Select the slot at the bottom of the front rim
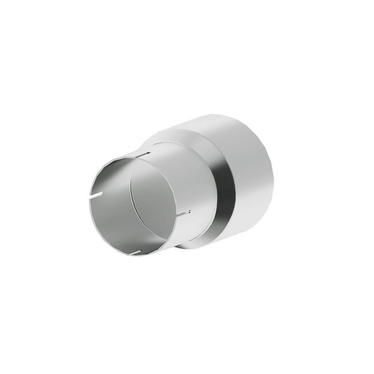pyautogui.click(x=136, y=253)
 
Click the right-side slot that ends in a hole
pyautogui.click(x=183, y=213)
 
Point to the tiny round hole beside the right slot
pyautogui.click(x=190, y=211)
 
